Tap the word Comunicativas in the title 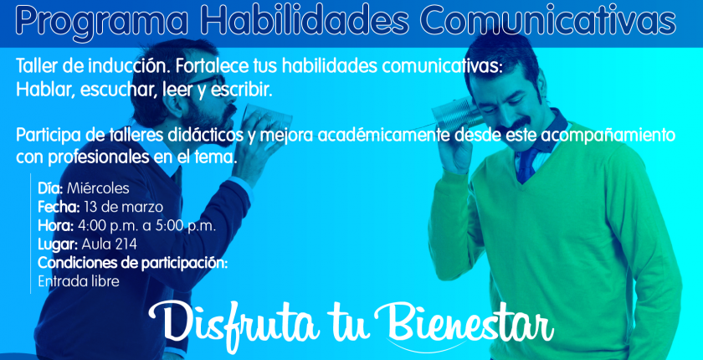coord(547,20)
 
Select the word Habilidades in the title coord(305,20)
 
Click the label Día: coord(51,188)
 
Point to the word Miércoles coord(98,188)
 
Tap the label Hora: coord(55,225)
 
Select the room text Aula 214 coord(109,244)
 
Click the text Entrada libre coord(79,281)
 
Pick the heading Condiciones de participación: coord(133,264)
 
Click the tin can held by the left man coord(267,118)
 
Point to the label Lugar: coord(58,244)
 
